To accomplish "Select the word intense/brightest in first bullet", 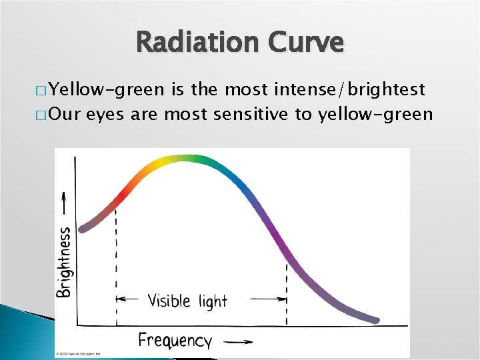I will [x=361, y=89].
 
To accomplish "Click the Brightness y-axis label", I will [x=65, y=261].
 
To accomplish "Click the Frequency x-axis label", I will [x=175, y=341].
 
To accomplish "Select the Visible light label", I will [x=187, y=301].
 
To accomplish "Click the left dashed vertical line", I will [x=117, y=267].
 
